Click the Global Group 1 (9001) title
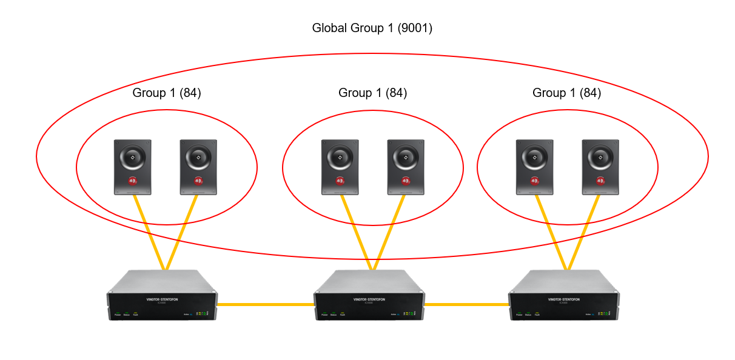[x=372, y=28]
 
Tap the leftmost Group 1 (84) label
[x=167, y=93]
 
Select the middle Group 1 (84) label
[x=372, y=93]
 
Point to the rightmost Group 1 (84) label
[x=566, y=93]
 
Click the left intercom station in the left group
[x=133, y=167]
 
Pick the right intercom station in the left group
[x=198, y=167]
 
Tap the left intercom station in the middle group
[x=340, y=167]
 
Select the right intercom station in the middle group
[x=406, y=167]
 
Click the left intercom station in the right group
[x=534, y=167]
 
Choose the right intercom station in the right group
[x=600, y=167]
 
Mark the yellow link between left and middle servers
[x=265, y=304]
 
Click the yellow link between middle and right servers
[x=466, y=304]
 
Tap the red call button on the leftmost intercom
[x=133, y=180]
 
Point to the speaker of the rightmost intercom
[x=600, y=158]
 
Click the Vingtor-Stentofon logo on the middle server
[x=368, y=299]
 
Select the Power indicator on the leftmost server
[x=118, y=314]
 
